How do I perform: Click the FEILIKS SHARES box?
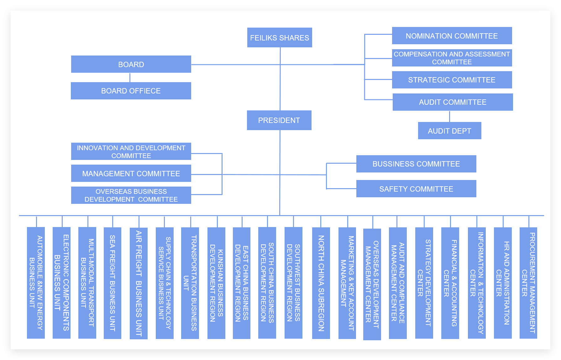[x=280, y=38]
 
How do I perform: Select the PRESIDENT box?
[x=279, y=120]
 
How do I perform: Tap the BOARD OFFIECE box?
[x=131, y=91]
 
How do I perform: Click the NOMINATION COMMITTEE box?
[x=452, y=36]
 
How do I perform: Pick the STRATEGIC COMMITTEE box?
[x=452, y=80]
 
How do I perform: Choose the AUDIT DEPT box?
[x=449, y=131]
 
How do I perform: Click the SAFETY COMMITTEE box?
[x=416, y=189]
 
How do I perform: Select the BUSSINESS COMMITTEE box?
[x=416, y=164]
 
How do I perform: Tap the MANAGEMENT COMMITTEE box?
[x=131, y=173]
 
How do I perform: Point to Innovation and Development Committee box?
[x=131, y=151]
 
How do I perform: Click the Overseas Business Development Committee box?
[x=131, y=195]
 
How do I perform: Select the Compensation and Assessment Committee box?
[x=452, y=58]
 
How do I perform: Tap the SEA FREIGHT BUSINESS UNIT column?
[x=112, y=283]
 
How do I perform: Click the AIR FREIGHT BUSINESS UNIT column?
[x=139, y=283]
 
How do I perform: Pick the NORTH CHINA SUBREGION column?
[x=321, y=283]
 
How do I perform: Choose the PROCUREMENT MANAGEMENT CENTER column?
[x=528, y=283]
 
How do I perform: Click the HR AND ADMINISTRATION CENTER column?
[x=503, y=283]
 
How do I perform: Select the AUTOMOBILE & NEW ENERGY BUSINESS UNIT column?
[x=36, y=283]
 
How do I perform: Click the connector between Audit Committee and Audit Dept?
[x=449, y=116]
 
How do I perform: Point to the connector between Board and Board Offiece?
[x=130, y=77]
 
